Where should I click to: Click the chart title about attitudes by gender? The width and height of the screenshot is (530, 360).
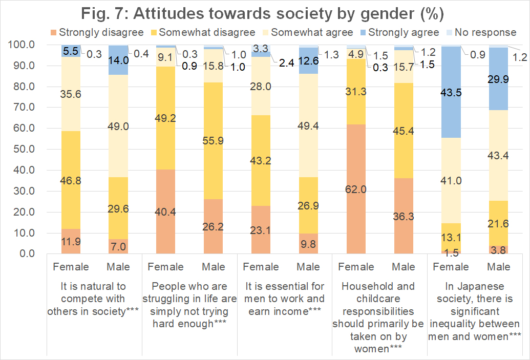[x=265, y=12]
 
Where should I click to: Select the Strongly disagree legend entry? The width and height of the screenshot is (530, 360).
[x=101, y=32]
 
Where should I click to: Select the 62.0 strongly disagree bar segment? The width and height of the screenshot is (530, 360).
[x=356, y=189]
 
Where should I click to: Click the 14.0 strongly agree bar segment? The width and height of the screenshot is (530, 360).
[x=118, y=60]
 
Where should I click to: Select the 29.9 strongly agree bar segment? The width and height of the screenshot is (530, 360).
[x=498, y=79]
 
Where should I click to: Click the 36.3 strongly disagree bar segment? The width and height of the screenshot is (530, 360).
[x=404, y=216]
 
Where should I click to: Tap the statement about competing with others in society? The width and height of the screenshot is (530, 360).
[x=93, y=299]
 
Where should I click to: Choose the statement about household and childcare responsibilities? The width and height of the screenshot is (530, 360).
[x=379, y=317]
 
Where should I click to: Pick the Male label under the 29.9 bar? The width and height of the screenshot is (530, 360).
[x=498, y=267]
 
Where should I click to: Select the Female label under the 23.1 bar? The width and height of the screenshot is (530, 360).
[x=261, y=267]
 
